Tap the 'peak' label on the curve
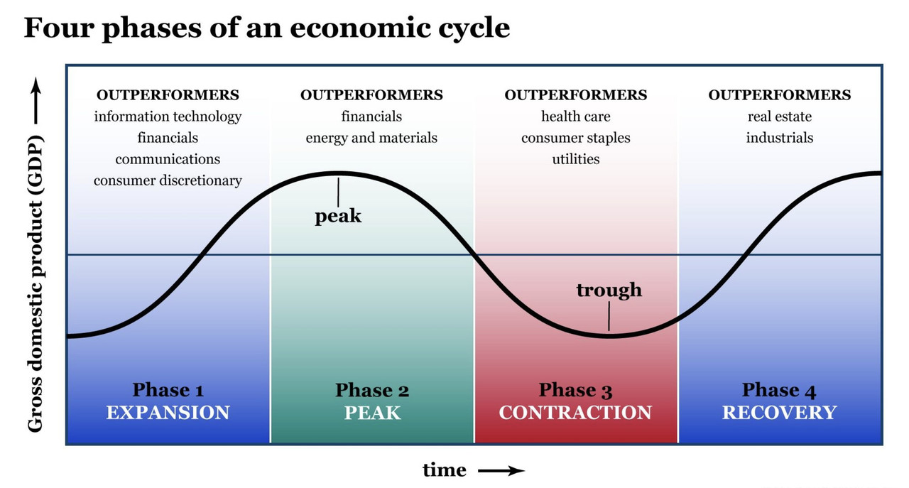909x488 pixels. (338, 216)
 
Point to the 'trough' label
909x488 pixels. (609, 290)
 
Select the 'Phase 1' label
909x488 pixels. (168, 390)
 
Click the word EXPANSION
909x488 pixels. (168, 412)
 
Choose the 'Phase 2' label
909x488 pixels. (372, 390)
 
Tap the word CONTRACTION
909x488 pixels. (575, 412)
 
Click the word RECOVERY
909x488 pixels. (779, 412)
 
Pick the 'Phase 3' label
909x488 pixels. (575, 390)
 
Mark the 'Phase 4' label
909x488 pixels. (779, 390)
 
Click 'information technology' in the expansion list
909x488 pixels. (168, 116)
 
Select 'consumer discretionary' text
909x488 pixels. (168, 180)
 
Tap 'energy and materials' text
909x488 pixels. (371, 138)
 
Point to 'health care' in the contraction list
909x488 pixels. (575, 116)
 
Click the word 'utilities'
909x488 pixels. (575, 159)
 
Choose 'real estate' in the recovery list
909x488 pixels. (779, 116)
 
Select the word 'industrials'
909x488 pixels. (779, 138)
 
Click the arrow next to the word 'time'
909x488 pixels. (501, 470)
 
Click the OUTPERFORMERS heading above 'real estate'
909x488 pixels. (779, 95)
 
